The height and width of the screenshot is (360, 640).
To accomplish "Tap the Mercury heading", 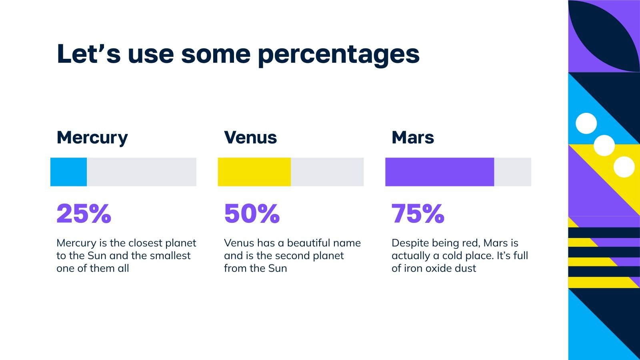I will coord(92,138).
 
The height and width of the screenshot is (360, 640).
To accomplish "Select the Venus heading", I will coord(250,138).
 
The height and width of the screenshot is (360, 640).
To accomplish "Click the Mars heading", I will coord(412,138).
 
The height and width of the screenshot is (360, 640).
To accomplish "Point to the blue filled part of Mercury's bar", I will coord(68,172).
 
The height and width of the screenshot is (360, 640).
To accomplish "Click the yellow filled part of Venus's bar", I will coord(254,172).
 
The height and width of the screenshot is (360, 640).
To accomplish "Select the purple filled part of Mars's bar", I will coord(439,172).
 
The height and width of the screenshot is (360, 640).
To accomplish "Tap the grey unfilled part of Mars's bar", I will coord(512,172).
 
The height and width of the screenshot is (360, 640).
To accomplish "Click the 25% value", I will coord(84,214).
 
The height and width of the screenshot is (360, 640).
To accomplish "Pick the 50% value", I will coord(252,214).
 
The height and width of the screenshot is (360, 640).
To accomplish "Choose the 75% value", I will coord(418,214).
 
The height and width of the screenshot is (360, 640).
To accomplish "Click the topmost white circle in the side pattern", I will coord(586,123).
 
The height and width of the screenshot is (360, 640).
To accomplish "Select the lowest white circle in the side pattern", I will coord(624,167).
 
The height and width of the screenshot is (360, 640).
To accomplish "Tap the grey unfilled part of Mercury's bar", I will coord(141,172).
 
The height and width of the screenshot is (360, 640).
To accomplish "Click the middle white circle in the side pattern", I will coord(604,146).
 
